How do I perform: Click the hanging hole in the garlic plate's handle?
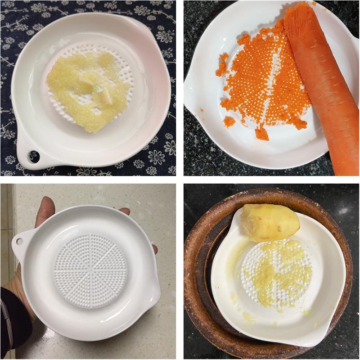pyautogui.click(x=33, y=156)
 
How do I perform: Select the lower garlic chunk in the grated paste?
pyautogui.click(x=106, y=96)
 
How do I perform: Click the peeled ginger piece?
pyautogui.click(x=270, y=220)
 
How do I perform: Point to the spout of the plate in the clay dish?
pyautogui.click(x=315, y=333)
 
